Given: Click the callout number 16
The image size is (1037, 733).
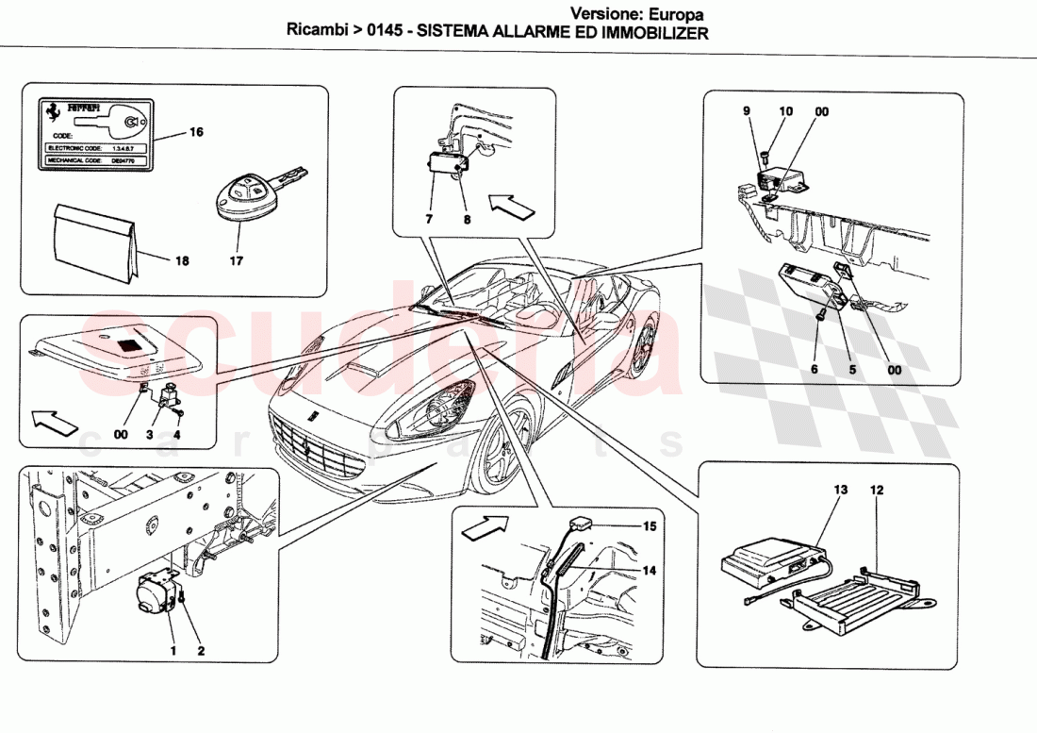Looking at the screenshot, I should (196, 132).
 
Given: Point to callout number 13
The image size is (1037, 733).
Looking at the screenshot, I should (841, 490).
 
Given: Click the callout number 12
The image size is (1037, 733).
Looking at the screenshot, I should (877, 490).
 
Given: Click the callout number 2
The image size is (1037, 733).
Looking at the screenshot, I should (199, 650).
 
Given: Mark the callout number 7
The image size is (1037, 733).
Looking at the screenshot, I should (429, 219).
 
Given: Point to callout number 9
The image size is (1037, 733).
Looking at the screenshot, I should (746, 111).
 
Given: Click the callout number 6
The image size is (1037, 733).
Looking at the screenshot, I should (815, 370).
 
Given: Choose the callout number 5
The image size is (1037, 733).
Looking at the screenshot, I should (852, 370).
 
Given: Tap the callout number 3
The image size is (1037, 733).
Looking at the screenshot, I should (148, 435).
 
